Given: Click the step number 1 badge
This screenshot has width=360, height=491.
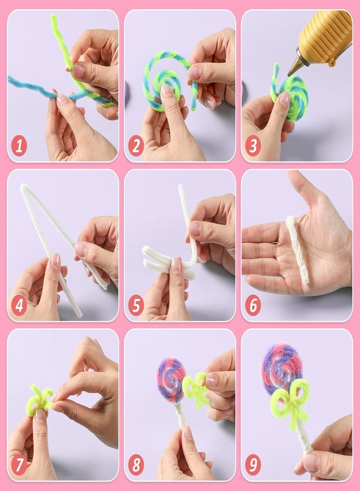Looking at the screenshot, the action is [19, 146].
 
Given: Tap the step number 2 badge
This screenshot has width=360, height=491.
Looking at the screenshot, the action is [136, 146].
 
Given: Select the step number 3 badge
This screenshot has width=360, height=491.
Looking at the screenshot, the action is [253, 146].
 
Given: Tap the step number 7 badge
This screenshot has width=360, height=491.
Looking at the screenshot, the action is [19, 465].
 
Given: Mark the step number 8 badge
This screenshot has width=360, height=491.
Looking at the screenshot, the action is [136, 465].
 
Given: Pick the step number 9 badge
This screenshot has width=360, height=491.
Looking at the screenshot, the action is [253, 465].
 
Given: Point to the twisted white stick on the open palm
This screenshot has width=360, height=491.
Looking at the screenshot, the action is [297, 249].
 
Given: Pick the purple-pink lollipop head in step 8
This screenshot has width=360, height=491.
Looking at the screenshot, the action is [171, 380].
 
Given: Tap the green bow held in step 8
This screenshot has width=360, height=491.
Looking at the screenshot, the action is [196, 389].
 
